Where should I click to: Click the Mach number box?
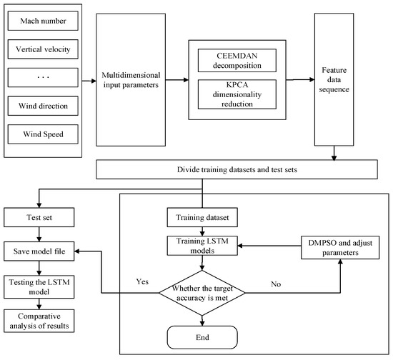pos(43,21)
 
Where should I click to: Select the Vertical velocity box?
pos(43,49)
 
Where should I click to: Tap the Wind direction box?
pos(43,106)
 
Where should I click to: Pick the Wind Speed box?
pos(43,134)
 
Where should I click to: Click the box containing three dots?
pos(43,77)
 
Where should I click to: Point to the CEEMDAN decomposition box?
pos(237,61)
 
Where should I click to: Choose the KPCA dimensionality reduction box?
pos(237,94)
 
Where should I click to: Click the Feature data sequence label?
pos(334,80)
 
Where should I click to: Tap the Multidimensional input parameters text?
pos(131,80)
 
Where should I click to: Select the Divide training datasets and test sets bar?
pos(237,169)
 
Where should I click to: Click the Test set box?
pos(39,217)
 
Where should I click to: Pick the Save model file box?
pos(39,251)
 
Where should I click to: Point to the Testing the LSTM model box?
pos(39,287)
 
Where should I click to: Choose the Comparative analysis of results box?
pos(39,321)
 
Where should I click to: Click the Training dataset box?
pos(202,217)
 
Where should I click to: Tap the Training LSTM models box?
pos(202,246)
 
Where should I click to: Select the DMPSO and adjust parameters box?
pos(340,248)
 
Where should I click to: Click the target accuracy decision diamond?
pos(202,293)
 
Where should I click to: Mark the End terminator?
pos(202,337)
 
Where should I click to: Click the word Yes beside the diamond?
pos(142,281)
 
